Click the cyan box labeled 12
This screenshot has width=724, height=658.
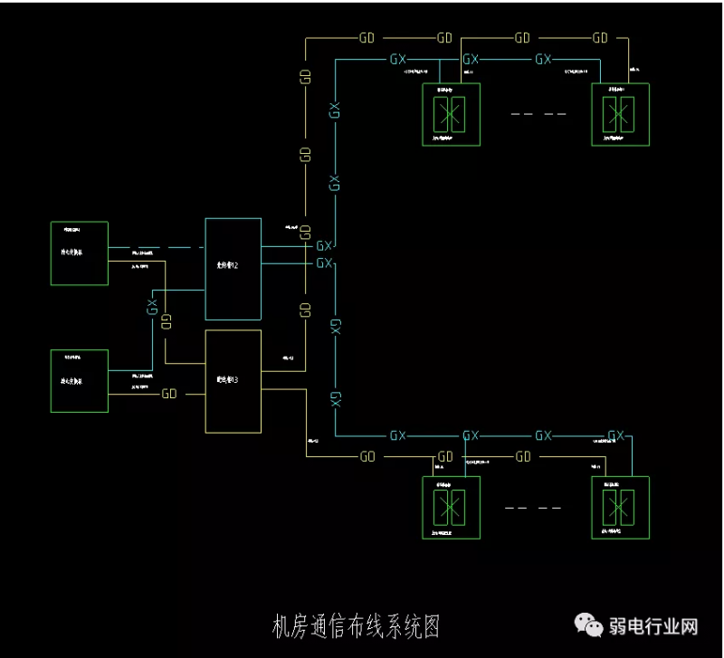(x=233, y=269)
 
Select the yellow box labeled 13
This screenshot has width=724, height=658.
(x=233, y=381)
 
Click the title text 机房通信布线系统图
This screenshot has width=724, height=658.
(x=356, y=625)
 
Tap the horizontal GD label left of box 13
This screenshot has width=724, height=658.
(x=169, y=394)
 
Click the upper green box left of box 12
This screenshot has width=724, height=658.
(x=79, y=253)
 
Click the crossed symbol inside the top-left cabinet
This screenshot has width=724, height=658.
(x=450, y=114)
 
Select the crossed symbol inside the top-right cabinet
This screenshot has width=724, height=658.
(x=619, y=114)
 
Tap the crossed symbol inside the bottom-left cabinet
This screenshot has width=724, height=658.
(x=450, y=505)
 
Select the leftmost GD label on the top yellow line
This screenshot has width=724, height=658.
(x=367, y=38)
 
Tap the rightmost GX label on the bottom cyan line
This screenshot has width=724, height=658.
(x=616, y=435)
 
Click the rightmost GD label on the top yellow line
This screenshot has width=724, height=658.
(x=600, y=38)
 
